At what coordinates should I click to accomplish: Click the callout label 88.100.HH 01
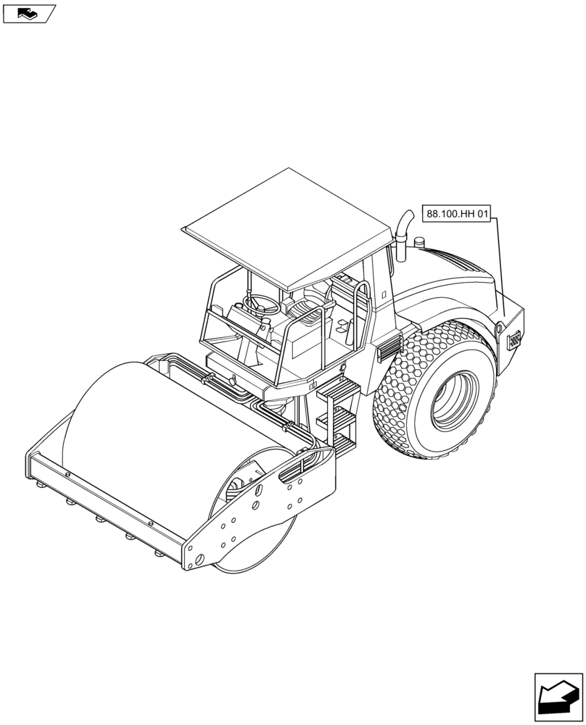pos(456,214)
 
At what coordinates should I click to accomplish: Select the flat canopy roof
pos(288,228)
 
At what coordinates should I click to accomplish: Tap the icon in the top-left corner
pos(29,14)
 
